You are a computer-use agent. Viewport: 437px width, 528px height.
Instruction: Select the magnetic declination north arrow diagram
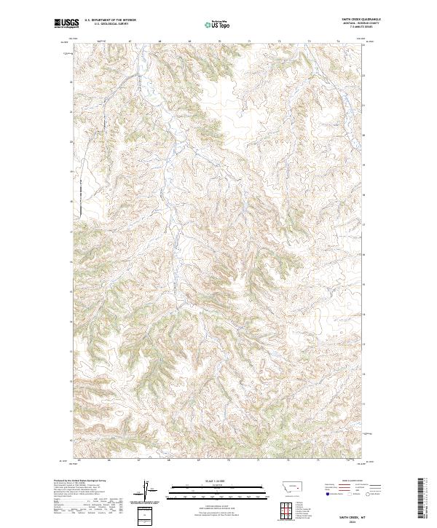pyautogui.click(x=146, y=491)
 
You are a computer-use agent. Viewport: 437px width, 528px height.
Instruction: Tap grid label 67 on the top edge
pyautogui.click(x=129, y=42)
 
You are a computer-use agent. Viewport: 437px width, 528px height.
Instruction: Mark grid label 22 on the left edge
pyautogui.click(x=71, y=82)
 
